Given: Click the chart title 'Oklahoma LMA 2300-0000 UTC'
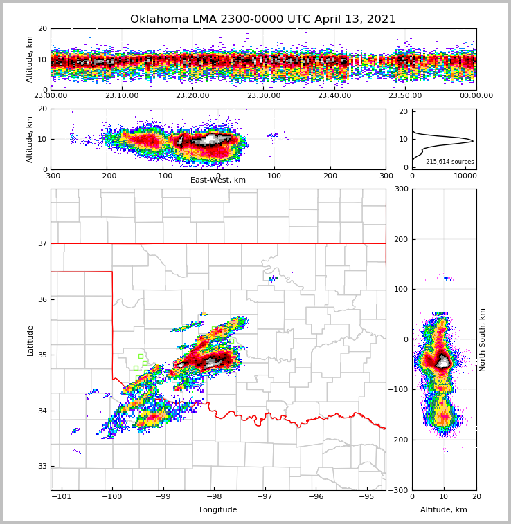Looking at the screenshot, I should click(263, 19).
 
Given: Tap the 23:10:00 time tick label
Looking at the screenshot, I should click(121, 96).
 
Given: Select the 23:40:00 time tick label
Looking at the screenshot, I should click(334, 96).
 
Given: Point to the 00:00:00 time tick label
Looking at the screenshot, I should click(476, 96).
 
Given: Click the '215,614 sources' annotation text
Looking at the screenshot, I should click(450, 162).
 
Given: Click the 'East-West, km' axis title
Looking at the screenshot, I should click(218, 180).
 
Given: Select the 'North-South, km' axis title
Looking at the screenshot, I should click(483, 339).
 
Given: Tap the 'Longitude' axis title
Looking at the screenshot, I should click(218, 510).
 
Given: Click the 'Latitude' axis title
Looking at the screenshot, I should click(30, 340).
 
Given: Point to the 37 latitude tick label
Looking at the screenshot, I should click(42, 243).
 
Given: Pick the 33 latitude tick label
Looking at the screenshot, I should click(42, 467).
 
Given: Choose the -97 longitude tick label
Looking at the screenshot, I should click(265, 496).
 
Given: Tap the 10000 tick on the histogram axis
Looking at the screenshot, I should click(465, 176).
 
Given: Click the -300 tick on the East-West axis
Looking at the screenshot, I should click(51, 176).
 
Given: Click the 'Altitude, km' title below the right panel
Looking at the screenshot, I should click(444, 510).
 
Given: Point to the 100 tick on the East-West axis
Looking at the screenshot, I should click(274, 176).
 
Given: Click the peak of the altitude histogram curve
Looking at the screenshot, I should click(473, 141).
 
